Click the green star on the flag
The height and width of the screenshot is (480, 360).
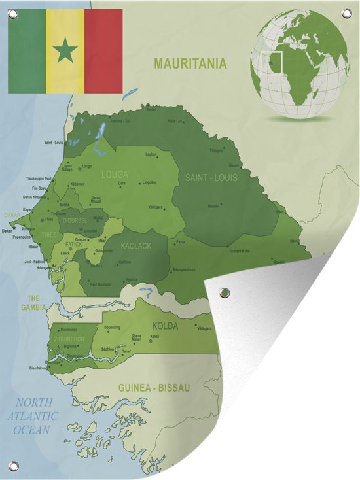click(x=65, y=50)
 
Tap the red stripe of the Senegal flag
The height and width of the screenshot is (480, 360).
click(x=103, y=50)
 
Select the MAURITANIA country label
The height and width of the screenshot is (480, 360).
click(x=190, y=63)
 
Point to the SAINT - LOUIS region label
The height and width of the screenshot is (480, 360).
click(x=211, y=177)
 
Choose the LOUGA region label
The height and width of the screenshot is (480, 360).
click(x=115, y=175)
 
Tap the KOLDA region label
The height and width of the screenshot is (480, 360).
click(x=165, y=325)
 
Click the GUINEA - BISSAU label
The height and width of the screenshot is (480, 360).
click(x=154, y=388)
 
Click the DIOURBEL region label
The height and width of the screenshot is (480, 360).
click(x=75, y=220)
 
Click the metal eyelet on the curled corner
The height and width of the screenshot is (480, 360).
click(x=225, y=292)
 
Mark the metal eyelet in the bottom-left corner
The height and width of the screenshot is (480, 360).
click(x=13, y=466)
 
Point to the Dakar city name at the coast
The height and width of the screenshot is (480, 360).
click(x=7, y=231)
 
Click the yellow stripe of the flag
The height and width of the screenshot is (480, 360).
click(x=65, y=26)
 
